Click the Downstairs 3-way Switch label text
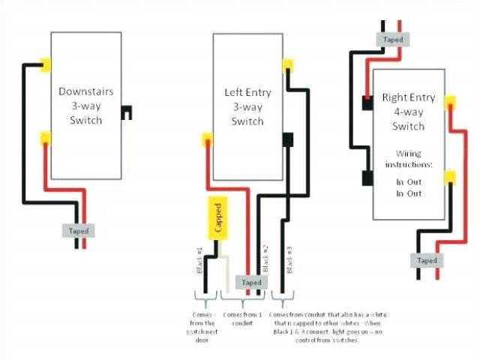pos(86,105)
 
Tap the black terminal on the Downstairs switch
pos(129,111)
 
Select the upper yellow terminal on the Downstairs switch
pos(46,65)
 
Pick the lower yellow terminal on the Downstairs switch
pos(46,137)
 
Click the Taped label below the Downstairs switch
pos(79,231)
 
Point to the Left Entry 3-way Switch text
pos(247,107)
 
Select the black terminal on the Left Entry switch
pos(287,139)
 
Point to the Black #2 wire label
pos(265,259)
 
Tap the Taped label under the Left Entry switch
pos(252,282)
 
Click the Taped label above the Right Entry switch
pos(392,40)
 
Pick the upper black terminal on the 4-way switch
pos(367,104)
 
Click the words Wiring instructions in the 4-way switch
pos(409,159)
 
